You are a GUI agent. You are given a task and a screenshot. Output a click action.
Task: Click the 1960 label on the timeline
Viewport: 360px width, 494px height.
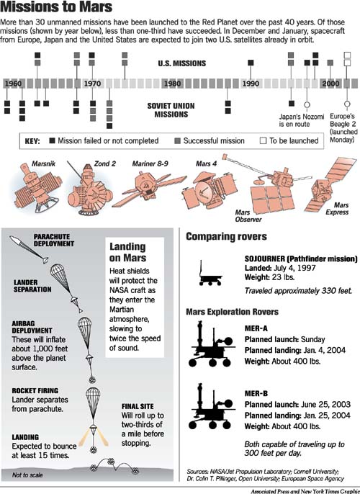13,84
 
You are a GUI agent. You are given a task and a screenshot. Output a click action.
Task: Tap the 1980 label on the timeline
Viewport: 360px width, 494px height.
172,84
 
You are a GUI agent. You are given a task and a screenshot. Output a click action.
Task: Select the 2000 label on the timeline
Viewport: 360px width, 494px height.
330,84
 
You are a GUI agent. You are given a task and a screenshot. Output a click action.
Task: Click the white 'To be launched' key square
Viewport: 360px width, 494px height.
263,140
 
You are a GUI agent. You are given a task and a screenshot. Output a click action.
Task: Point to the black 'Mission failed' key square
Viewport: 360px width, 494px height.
53,140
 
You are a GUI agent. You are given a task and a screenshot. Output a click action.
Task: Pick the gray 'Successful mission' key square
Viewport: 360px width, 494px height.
177,140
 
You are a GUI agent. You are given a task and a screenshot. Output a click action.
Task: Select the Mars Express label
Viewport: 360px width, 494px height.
338,209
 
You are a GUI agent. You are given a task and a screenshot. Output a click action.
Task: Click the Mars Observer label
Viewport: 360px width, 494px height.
248,216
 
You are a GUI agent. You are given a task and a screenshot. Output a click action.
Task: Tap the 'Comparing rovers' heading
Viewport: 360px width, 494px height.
226,237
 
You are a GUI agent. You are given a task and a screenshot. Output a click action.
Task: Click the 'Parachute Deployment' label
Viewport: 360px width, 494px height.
54,240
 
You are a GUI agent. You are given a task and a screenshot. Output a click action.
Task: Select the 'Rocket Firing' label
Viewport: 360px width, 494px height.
35,390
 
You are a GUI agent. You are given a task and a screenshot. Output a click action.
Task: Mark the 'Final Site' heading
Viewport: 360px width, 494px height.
138,406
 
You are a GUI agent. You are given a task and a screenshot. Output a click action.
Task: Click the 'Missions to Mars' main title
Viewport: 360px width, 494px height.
56,7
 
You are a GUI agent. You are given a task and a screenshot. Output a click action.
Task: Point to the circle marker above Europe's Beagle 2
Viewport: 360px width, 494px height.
347,104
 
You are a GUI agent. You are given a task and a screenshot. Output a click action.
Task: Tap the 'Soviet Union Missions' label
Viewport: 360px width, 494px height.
171,110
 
